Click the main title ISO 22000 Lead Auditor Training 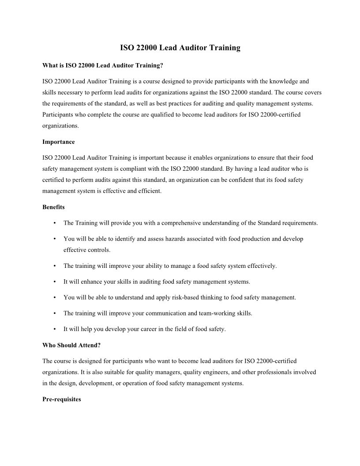point(180,48)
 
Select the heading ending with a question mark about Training point(103,65)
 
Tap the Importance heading point(59,142)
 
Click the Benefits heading point(53,207)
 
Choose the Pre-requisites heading point(62,399)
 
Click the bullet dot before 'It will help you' point(54,329)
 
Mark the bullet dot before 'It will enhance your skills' point(54,282)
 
